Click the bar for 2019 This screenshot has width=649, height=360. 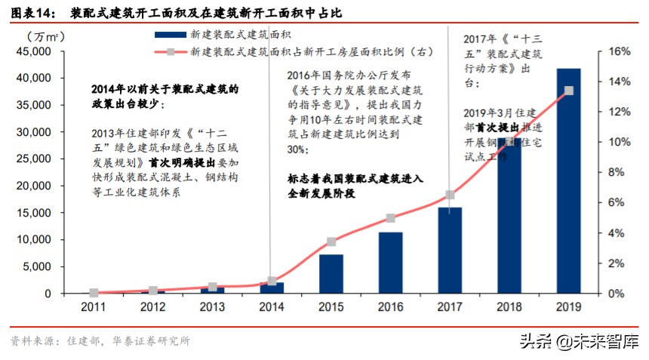coord(568,181)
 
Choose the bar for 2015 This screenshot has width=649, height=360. coord(331,274)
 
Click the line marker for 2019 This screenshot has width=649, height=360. coord(568,91)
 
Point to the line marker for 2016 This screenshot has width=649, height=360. coord(390,218)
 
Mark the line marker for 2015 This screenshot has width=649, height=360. coord(331,242)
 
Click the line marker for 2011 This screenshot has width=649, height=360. coord(94,293)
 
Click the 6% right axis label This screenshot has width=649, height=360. coord(611,203)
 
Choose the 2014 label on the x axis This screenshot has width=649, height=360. coord(272,308)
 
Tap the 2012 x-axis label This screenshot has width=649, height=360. coord(153,308)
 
